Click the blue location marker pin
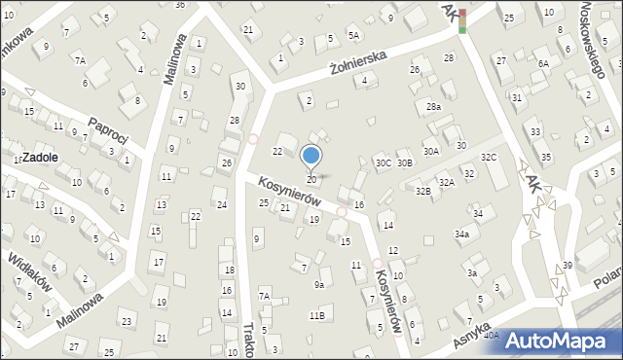[x=311, y=157]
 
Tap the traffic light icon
[x=463, y=19]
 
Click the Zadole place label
[x=40, y=157]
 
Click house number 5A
[x=354, y=36]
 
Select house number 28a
[x=433, y=107]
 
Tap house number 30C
[x=384, y=163]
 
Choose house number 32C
[x=489, y=158]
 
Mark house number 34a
[x=462, y=234]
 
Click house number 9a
[x=318, y=285]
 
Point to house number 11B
[x=316, y=316]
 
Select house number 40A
[x=492, y=336]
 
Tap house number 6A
[x=543, y=63]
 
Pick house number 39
[x=568, y=266]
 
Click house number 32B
[x=422, y=192]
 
